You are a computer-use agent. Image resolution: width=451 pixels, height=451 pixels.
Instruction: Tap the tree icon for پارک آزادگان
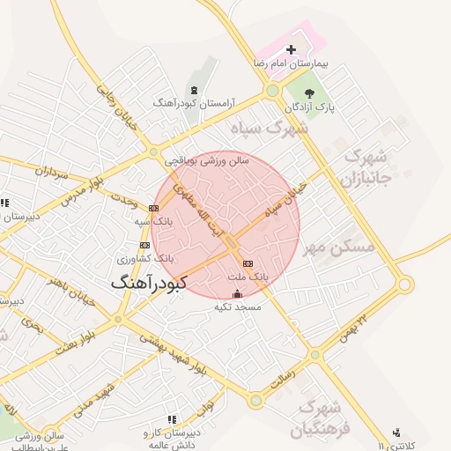[x=309, y=92]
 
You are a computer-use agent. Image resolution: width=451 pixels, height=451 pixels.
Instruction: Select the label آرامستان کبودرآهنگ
[x=194, y=103]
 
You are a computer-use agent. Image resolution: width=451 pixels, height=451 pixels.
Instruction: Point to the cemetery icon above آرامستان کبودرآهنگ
[x=194, y=89]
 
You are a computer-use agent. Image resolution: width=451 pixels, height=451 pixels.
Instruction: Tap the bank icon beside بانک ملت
[x=247, y=263]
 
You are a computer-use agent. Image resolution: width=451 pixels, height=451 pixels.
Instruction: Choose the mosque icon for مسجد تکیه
[x=236, y=294]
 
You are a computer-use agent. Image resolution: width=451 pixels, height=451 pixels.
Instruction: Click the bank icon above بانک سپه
[x=154, y=209]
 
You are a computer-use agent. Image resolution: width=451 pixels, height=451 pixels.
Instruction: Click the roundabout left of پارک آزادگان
[x=273, y=91]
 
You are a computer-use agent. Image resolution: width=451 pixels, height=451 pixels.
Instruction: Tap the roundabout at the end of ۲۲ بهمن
[x=404, y=285]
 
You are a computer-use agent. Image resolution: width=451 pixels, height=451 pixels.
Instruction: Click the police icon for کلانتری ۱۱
[x=397, y=433]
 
